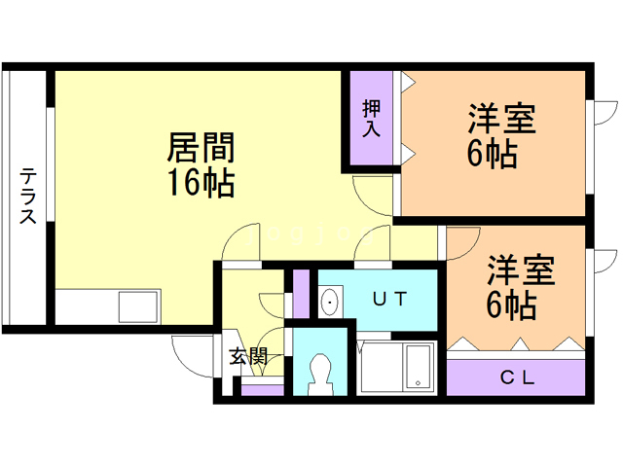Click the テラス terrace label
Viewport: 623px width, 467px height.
coord(29,196)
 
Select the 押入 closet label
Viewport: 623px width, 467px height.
coord(372,119)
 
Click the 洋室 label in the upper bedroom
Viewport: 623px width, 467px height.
coord(501,122)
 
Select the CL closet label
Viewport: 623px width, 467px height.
coord(517,377)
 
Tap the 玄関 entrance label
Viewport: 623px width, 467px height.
coord(247,357)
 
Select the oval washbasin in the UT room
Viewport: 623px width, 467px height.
coord(330,302)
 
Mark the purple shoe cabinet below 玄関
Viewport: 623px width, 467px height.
coord(262,391)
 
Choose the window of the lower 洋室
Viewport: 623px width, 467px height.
coord(591,287)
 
